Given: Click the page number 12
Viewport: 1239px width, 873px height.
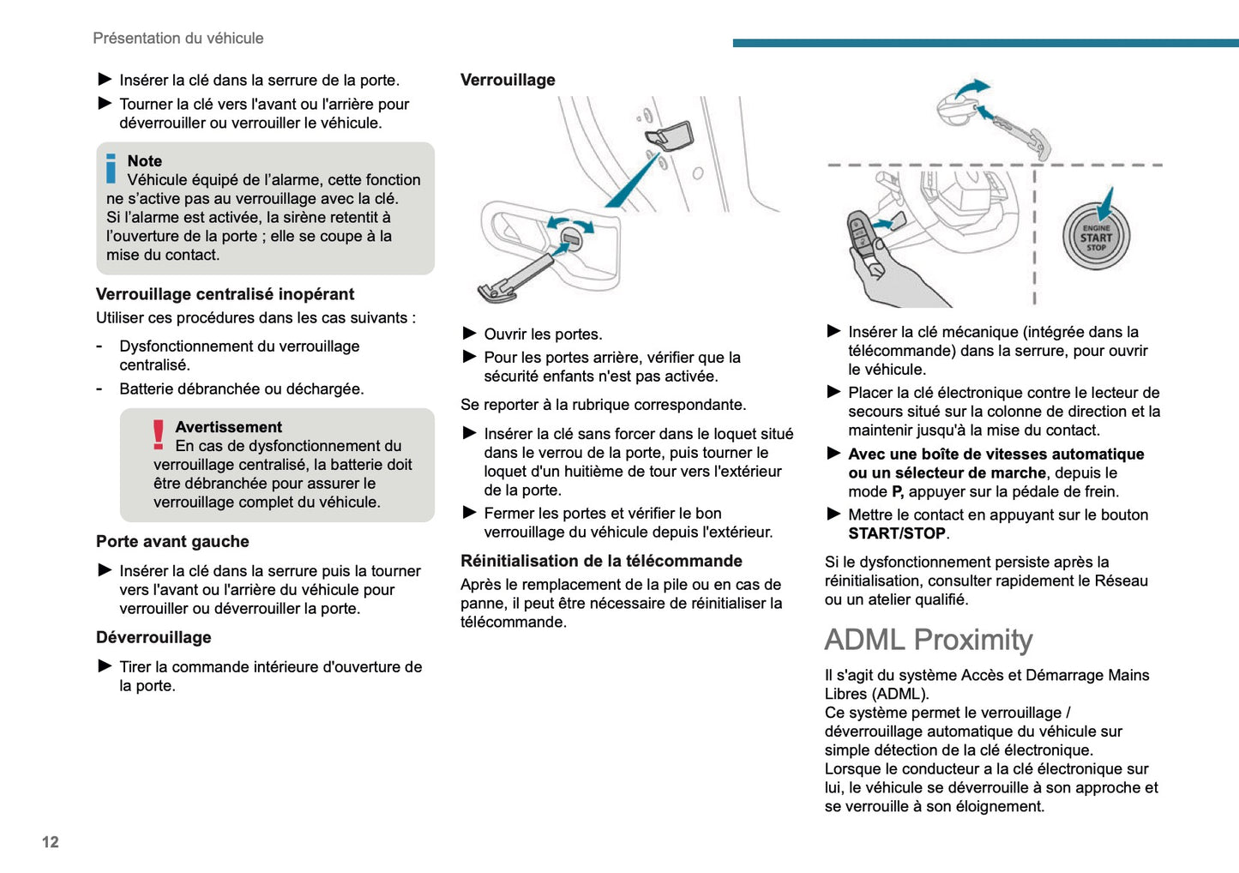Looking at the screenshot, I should click(x=51, y=842).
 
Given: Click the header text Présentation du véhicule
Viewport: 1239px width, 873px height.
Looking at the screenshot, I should click(x=177, y=38).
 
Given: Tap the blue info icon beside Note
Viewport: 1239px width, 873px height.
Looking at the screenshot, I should click(x=111, y=168).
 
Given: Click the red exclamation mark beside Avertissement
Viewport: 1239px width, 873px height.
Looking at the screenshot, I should click(x=159, y=435).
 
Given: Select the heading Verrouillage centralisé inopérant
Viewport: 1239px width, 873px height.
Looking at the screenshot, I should click(x=225, y=294).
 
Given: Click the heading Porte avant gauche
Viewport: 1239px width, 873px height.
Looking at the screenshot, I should click(x=172, y=541).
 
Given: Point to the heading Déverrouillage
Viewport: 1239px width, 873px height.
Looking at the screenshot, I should click(x=153, y=637).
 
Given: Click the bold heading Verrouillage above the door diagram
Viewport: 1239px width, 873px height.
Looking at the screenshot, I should click(x=508, y=80).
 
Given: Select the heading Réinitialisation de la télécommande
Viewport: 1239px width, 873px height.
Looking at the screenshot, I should click(x=601, y=561).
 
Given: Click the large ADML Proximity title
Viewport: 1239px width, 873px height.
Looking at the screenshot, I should click(x=929, y=640).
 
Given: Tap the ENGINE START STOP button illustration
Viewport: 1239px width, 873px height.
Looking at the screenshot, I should click(x=1096, y=238).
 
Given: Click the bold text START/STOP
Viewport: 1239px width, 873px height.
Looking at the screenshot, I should click(x=897, y=533).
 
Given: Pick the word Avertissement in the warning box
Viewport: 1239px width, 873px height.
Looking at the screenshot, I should click(x=228, y=427).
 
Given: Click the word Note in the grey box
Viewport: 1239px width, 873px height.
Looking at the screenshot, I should click(x=144, y=161).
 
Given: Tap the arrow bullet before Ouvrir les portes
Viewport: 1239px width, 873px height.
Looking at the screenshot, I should click(x=469, y=333).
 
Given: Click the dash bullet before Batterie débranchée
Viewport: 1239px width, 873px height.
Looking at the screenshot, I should click(x=99, y=388).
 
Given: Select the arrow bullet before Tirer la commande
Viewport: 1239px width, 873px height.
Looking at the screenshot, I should click(x=105, y=665).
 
